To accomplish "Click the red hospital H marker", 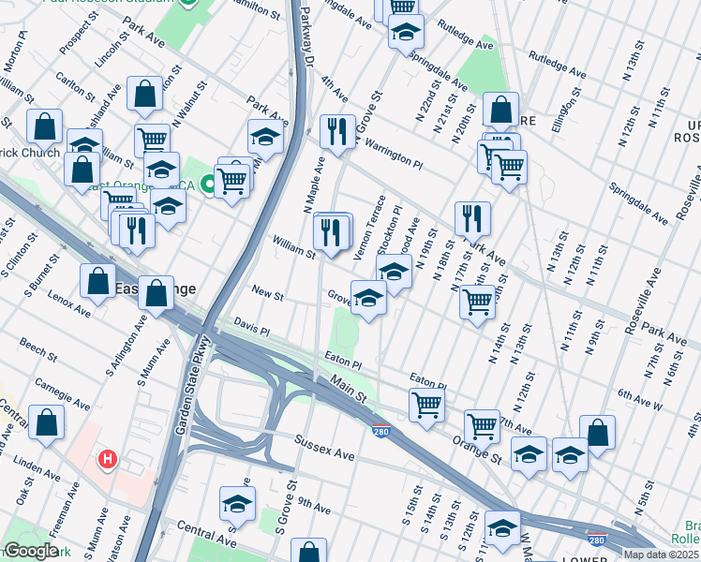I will coord(109,460).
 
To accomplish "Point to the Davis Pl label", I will coord(251,332).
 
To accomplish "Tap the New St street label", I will coord(267,294).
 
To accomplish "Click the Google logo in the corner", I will coord(31,551).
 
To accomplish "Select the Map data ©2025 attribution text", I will coord(662,555).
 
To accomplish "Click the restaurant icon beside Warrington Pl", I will coord(336,130).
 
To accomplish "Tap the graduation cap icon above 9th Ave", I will coord(238,503).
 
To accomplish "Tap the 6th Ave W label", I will coord(665,394).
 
